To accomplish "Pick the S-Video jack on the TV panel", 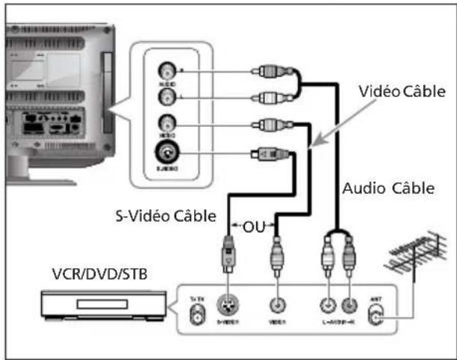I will click(165, 155).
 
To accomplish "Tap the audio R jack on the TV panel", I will click(166, 72).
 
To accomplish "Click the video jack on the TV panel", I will click(166, 123).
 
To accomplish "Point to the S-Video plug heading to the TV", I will click(268, 155).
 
